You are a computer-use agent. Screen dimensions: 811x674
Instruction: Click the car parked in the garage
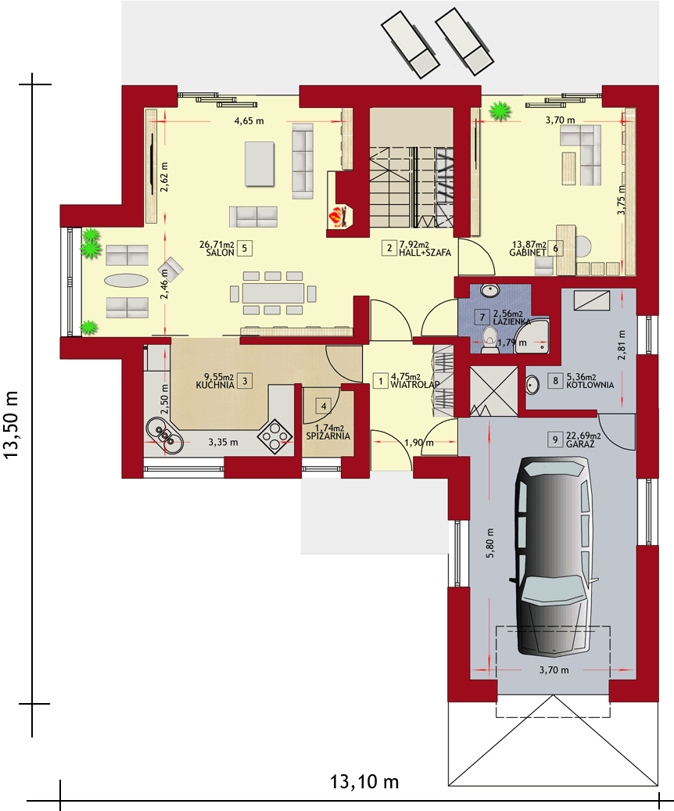tap(554, 556)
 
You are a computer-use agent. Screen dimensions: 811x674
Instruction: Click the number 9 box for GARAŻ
tap(554, 440)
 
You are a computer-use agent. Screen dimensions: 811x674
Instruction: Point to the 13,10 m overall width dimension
tap(364, 781)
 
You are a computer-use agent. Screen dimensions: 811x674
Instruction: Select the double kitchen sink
tap(163, 433)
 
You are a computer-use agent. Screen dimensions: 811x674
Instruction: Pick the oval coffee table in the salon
tap(126, 281)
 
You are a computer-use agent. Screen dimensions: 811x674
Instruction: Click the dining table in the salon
tap(273, 293)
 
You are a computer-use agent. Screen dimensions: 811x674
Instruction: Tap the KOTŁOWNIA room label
tap(590, 386)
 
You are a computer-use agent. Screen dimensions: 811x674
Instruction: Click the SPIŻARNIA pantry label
tap(326, 435)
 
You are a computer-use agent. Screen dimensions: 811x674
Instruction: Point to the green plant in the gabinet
tap(497, 113)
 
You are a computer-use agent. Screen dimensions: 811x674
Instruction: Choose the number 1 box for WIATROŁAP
tap(381, 381)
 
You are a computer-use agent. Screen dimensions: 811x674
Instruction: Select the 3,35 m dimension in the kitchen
tap(223, 442)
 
